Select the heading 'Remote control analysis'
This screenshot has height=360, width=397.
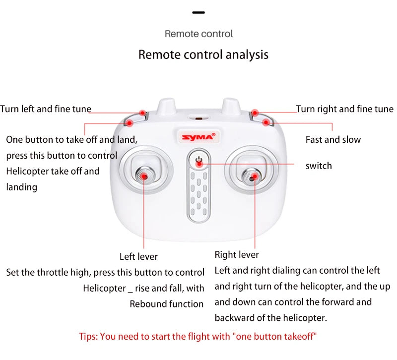203,55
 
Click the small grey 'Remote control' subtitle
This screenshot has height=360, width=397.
198,34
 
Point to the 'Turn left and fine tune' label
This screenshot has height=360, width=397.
46,109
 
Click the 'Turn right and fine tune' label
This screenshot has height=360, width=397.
344,109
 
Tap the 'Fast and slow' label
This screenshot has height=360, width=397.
333,140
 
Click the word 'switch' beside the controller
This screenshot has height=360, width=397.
318,166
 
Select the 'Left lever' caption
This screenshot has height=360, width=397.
138,256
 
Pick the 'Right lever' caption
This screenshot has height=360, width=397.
237,255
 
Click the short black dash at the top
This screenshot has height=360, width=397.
198,12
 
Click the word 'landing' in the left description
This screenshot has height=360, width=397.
21,187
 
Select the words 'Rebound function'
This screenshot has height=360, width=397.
167,304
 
